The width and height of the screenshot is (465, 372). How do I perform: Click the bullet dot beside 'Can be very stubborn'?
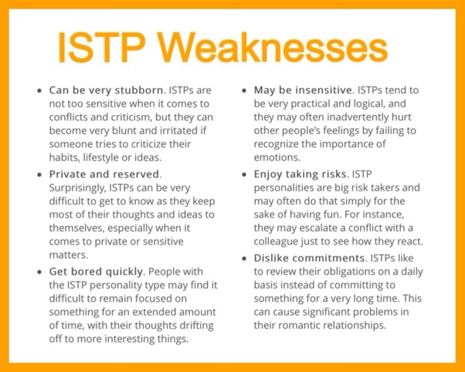pos(39,91)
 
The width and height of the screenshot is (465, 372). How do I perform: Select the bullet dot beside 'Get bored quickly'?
pos(39,272)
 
